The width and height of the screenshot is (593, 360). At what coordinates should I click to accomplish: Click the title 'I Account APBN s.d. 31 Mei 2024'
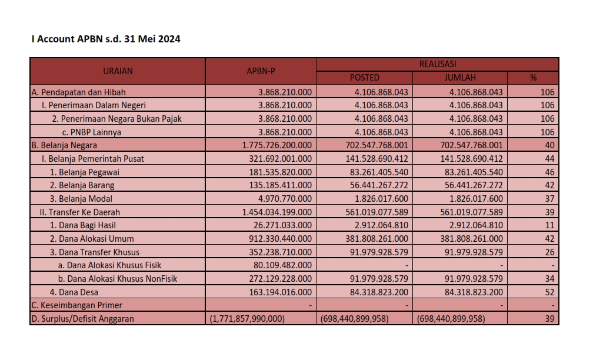tap(106, 39)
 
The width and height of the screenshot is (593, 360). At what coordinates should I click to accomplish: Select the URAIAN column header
tap(118, 71)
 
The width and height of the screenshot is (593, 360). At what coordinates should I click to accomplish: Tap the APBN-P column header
tap(261, 71)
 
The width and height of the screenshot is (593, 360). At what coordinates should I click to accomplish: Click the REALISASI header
tap(437, 64)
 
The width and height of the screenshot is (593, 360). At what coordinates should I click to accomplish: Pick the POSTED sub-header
tap(365, 78)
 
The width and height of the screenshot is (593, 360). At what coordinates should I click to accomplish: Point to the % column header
tap(533, 78)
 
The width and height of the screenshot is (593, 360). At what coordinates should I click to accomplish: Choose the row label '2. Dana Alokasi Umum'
tap(92, 239)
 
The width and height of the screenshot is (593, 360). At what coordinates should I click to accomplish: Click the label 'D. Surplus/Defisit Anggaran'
tap(83, 319)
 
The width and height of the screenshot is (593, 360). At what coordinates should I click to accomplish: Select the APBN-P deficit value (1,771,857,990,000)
tap(248, 319)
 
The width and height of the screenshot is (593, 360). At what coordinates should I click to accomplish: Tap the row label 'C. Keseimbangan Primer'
tap(76, 305)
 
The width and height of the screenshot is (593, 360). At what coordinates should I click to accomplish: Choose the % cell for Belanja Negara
tap(547, 145)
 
